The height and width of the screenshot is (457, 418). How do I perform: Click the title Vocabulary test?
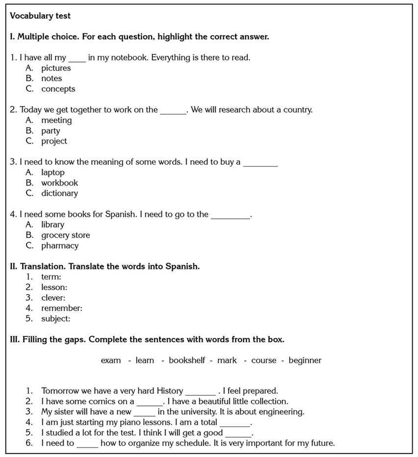click(x=40, y=16)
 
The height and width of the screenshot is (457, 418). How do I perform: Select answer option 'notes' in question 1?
click(x=51, y=78)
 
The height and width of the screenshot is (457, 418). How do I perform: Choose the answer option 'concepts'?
click(x=58, y=89)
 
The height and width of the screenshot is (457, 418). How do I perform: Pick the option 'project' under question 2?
click(x=54, y=141)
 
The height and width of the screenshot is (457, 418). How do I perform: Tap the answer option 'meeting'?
click(x=56, y=120)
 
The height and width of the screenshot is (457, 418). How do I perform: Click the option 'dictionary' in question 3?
click(x=59, y=193)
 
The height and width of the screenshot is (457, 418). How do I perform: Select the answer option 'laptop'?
click(x=52, y=172)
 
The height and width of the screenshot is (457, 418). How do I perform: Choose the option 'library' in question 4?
click(x=52, y=224)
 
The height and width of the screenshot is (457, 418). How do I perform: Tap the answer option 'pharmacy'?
click(x=59, y=245)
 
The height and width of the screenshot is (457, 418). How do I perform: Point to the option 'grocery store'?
click(x=65, y=235)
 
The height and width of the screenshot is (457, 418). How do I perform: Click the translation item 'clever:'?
click(x=53, y=297)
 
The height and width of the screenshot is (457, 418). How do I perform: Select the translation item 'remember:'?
click(x=61, y=308)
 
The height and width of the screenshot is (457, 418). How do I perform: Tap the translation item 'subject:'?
click(x=55, y=318)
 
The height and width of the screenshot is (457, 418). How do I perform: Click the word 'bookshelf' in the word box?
click(x=187, y=360)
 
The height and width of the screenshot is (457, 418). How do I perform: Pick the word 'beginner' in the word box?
click(x=305, y=360)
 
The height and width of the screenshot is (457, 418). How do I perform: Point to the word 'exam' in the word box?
click(x=111, y=360)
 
